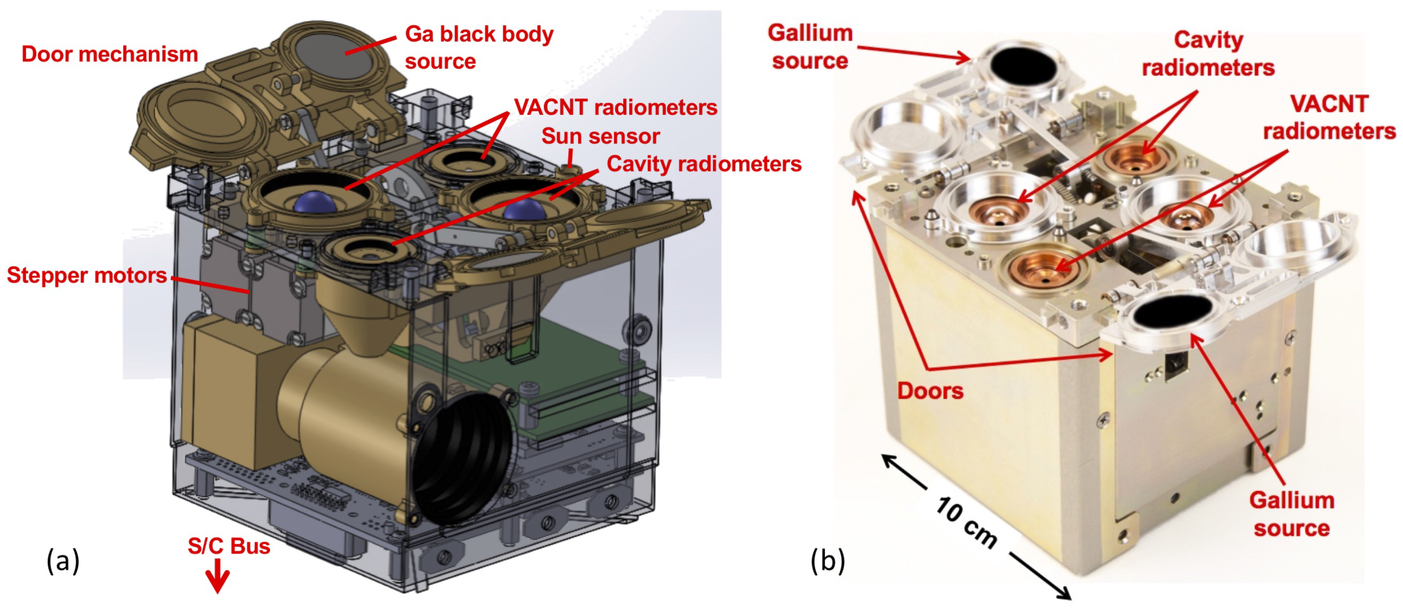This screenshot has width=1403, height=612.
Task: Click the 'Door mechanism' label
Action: tap(109, 55)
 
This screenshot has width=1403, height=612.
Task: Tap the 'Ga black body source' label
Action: tap(478, 48)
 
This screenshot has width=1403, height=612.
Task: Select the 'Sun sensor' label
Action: tap(600, 136)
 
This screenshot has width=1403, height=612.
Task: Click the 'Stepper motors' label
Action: tap(86, 275)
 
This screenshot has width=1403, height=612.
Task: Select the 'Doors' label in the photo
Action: tap(930, 391)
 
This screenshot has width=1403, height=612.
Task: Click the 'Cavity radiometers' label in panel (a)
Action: tap(704, 164)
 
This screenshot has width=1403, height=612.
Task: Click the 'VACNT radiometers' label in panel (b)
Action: tap(1329, 117)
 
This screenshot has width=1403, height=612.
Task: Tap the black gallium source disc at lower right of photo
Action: tap(1171, 313)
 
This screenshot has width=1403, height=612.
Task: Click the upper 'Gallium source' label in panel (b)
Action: tap(810, 47)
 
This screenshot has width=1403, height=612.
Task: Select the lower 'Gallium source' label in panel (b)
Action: tap(1291, 514)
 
